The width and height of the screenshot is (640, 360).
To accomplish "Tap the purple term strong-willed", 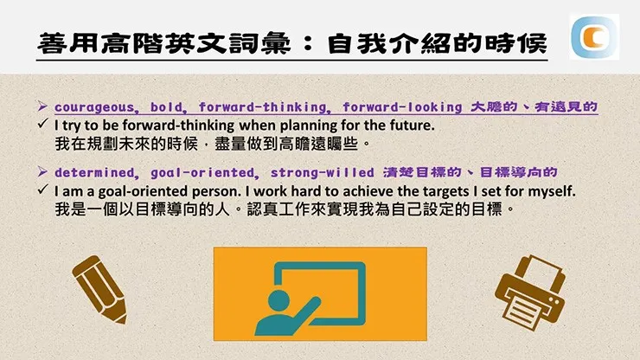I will click(x=321, y=171).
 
